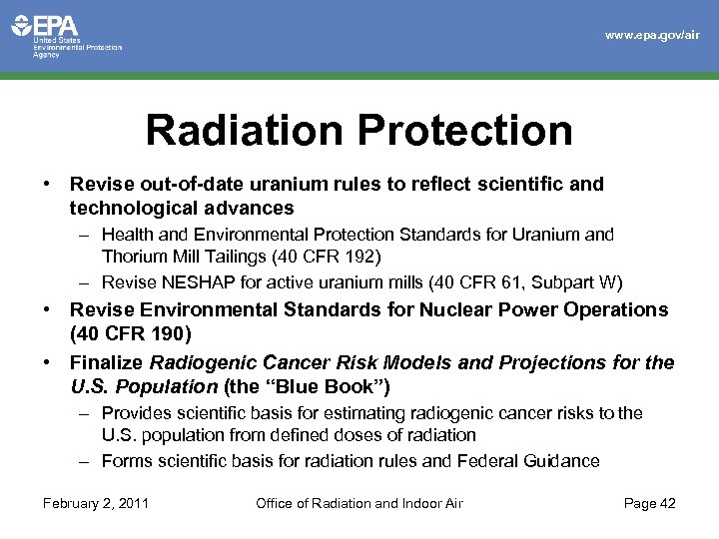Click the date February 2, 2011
[x=96, y=503]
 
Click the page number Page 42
[x=649, y=503]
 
